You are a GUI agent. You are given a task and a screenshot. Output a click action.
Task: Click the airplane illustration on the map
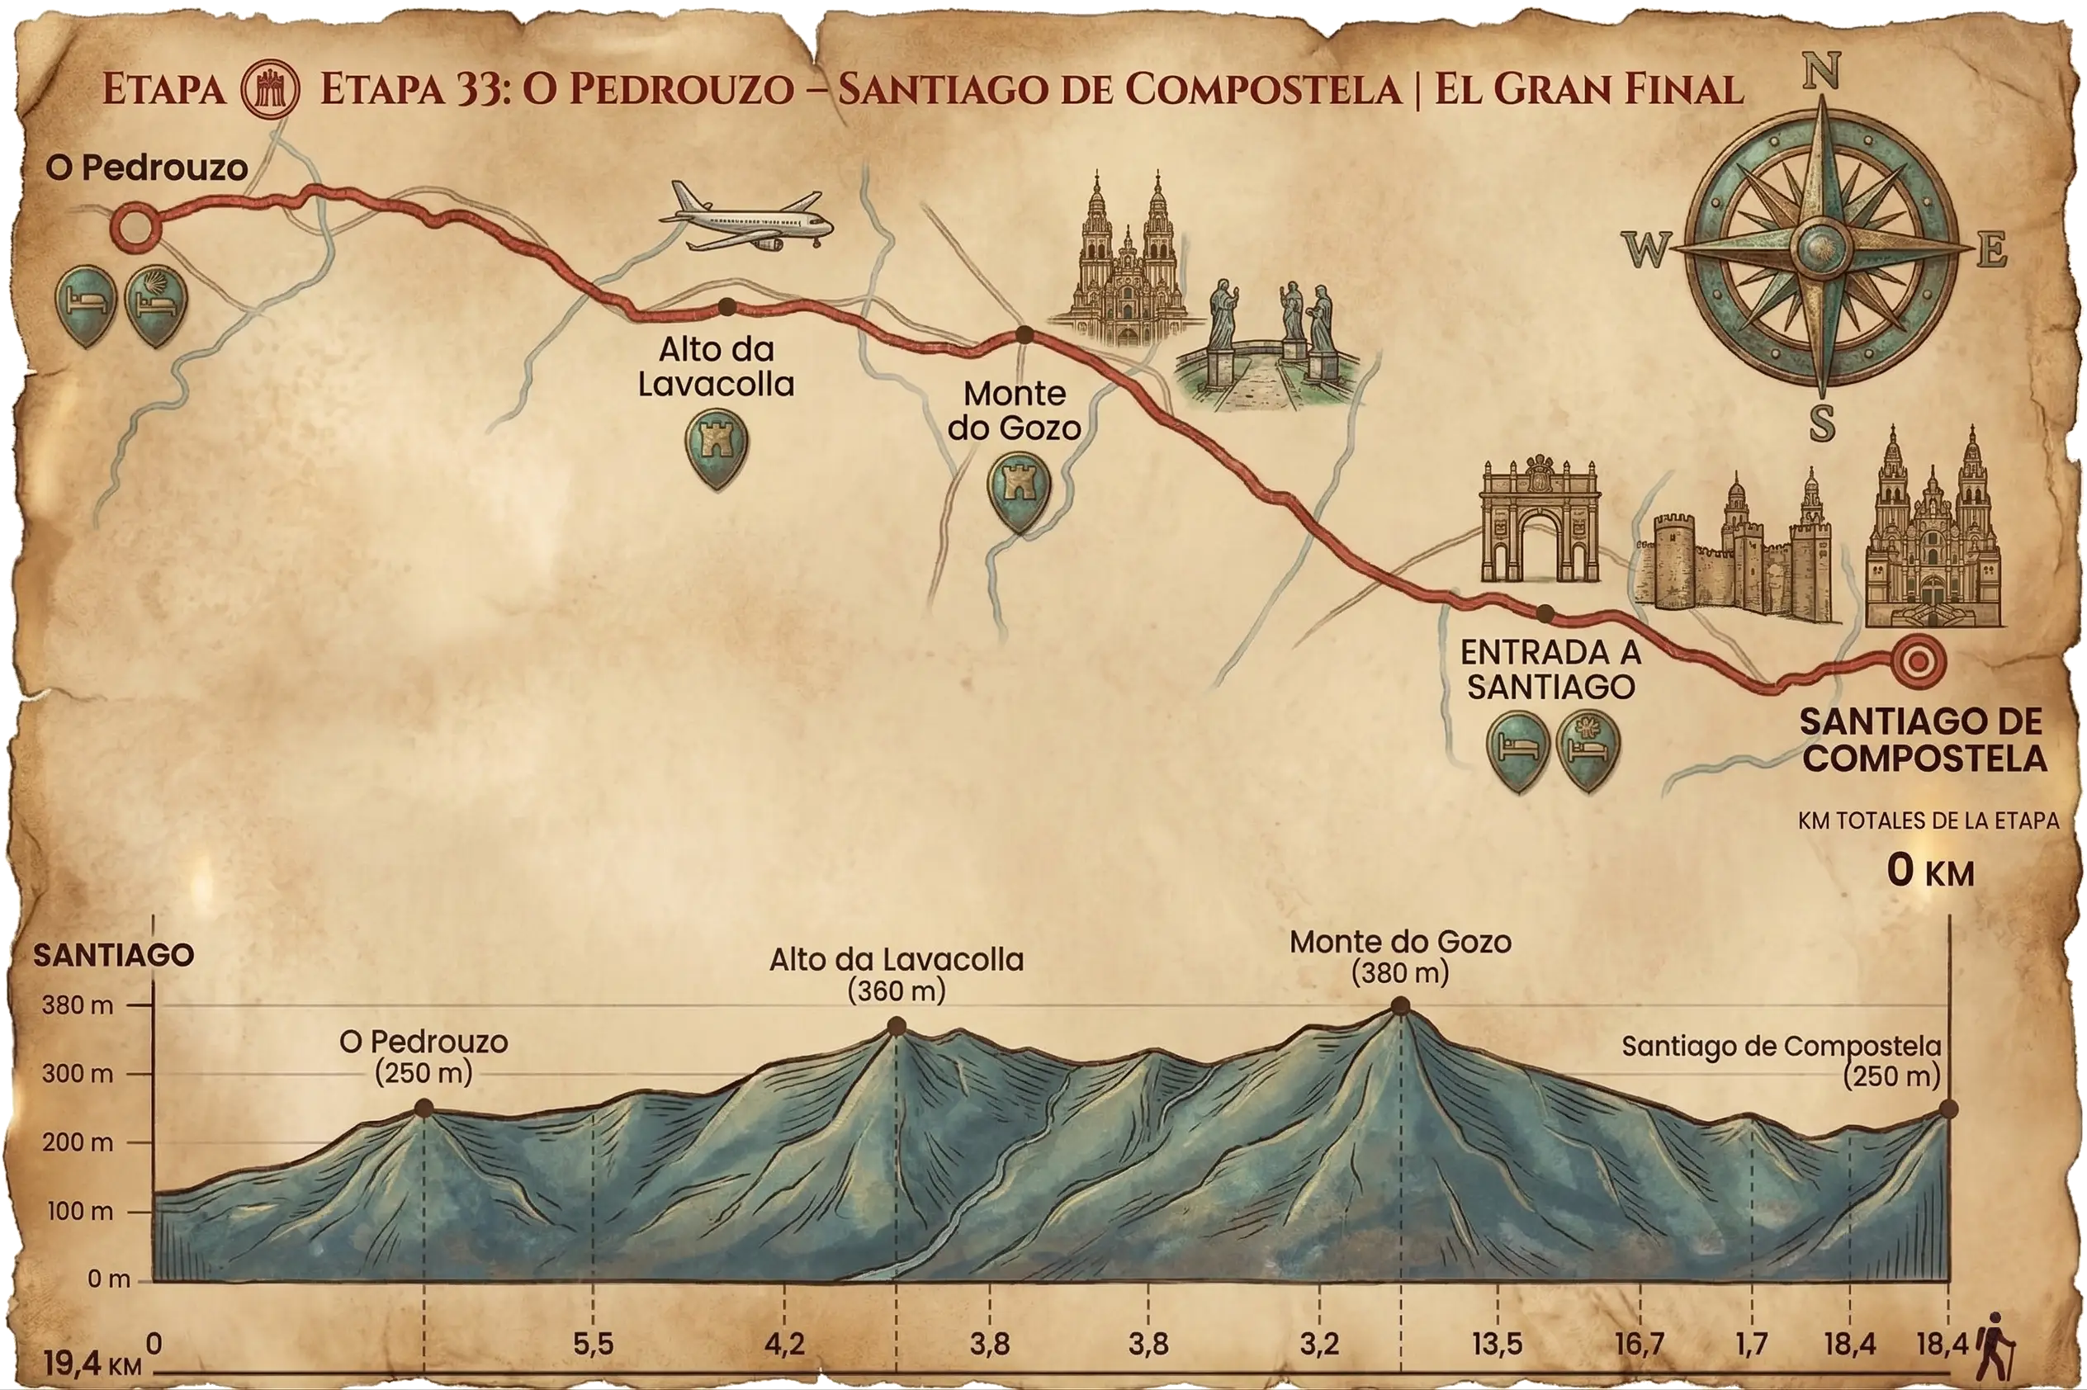pyautogui.click(x=746, y=217)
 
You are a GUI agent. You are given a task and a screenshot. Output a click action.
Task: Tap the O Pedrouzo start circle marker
pyautogui.click(x=135, y=225)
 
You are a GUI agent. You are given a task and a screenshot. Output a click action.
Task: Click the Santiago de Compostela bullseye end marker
pyautogui.click(x=1918, y=660)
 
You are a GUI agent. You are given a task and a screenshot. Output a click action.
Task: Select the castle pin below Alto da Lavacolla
pyautogui.click(x=717, y=447)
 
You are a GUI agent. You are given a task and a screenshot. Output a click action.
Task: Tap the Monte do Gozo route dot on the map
pyautogui.click(x=1024, y=335)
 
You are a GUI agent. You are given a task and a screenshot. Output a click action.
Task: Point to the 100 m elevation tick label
pyautogui.click(x=80, y=1211)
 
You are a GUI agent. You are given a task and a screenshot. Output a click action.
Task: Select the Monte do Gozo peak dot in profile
pyautogui.click(x=1400, y=1005)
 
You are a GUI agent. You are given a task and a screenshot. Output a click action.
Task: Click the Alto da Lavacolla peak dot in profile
pyautogui.click(x=897, y=1027)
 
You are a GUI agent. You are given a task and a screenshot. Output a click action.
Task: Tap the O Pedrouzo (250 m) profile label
pyautogui.click(x=424, y=1057)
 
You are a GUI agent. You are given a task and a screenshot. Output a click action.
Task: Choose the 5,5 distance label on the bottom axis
pyautogui.click(x=593, y=1344)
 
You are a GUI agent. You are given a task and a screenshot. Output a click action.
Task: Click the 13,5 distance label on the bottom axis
pyautogui.click(x=1498, y=1344)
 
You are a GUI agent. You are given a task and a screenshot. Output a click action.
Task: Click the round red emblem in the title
pyautogui.click(x=272, y=88)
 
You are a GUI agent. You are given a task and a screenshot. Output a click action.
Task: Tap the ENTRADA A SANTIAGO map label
pyautogui.click(x=1550, y=669)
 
